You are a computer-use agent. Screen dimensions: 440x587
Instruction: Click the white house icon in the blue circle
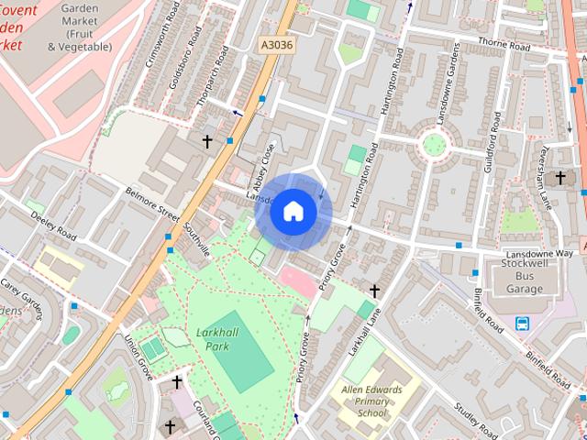coord(293,211)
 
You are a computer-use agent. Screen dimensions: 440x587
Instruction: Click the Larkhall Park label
coord(212,339)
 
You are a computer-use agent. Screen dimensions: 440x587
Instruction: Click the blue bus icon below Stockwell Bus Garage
coord(522,323)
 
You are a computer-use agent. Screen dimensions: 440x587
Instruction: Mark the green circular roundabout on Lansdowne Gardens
coord(433,144)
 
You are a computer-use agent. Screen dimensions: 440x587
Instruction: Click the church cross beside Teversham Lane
coord(560,177)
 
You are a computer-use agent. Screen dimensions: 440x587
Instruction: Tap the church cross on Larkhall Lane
coord(374,291)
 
